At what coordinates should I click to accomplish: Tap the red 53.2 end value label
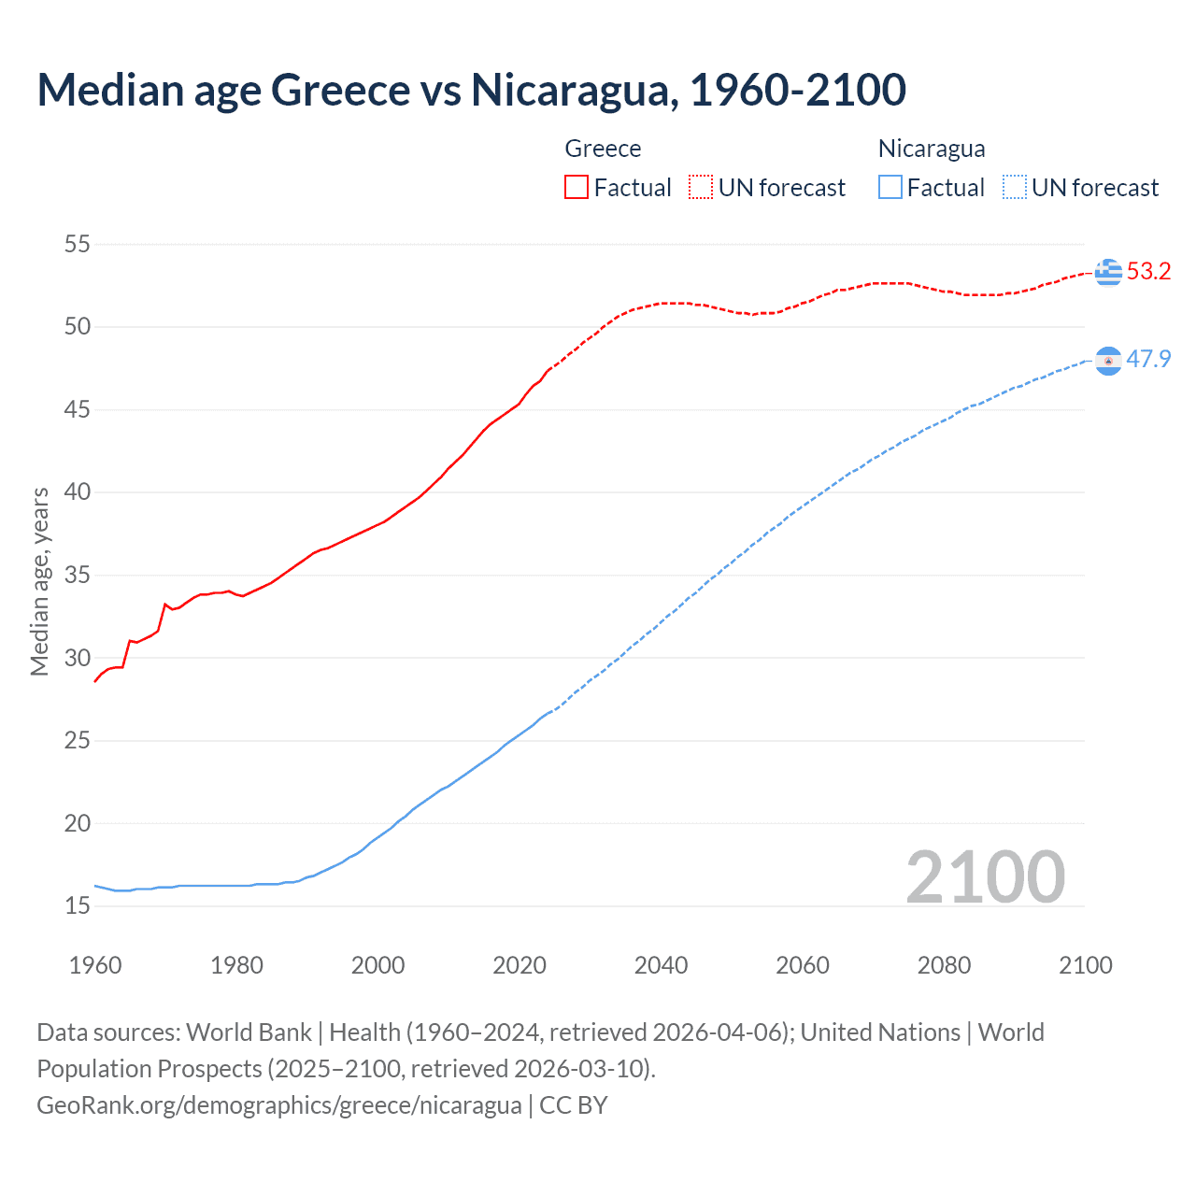(x=1148, y=272)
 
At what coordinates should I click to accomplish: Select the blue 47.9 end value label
(x=1148, y=360)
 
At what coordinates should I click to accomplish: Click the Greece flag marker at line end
(x=1108, y=272)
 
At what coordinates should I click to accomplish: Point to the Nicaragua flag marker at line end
(x=1108, y=361)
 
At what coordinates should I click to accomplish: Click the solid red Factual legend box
(x=577, y=188)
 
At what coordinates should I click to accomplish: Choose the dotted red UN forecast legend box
(x=701, y=188)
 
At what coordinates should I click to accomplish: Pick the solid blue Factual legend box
(x=890, y=188)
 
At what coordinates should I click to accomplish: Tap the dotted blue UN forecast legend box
(x=1015, y=188)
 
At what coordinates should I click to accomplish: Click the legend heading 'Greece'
(x=603, y=149)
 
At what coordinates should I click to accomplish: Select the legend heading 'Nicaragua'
(x=932, y=149)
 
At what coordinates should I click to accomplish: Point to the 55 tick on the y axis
(x=78, y=245)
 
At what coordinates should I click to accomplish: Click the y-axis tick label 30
(x=78, y=658)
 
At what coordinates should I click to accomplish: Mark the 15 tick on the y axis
(x=78, y=905)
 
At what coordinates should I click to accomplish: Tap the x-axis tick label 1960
(x=95, y=965)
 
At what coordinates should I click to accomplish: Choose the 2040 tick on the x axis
(x=661, y=965)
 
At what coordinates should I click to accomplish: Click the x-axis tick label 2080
(x=944, y=965)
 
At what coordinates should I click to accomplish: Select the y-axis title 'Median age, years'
(x=39, y=581)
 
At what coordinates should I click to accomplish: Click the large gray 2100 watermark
(x=985, y=877)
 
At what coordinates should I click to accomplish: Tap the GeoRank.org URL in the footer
(x=278, y=1105)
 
